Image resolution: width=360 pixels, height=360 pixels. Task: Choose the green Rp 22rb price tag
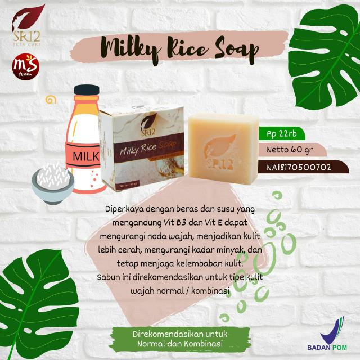coord(278,134)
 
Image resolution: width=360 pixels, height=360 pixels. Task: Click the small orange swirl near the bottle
coord(51,100)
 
